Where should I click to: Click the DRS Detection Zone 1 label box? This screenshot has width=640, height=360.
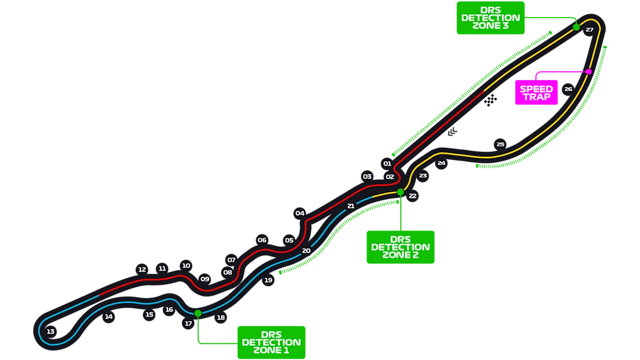point(271,342)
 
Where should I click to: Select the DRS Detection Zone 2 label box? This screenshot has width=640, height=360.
point(400,247)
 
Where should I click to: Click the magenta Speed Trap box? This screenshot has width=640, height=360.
point(536,93)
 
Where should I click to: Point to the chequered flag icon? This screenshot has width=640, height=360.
point(490,100)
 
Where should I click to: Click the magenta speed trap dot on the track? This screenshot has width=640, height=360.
point(588,72)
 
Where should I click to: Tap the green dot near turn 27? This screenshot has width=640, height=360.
point(576,27)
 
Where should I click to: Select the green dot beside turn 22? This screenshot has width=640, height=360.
point(400,192)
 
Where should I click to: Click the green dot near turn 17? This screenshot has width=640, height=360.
point(198,313)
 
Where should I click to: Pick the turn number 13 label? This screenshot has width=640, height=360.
point(50,332)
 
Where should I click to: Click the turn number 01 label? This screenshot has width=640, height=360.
point(387,164)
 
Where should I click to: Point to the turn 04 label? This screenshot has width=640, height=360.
point(300,213)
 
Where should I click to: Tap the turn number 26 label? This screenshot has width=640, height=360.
point(568,89)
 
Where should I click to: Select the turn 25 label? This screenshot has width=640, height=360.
point(500,144)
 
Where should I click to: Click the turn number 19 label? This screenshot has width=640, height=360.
point(268,280)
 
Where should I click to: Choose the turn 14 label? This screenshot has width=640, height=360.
point(108,317)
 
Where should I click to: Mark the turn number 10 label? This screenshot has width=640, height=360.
point(186,265)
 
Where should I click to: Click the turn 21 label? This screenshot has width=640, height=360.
point(351,206)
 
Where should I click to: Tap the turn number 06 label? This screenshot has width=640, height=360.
point(262,240)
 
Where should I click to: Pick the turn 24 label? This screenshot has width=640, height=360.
point(441,163)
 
